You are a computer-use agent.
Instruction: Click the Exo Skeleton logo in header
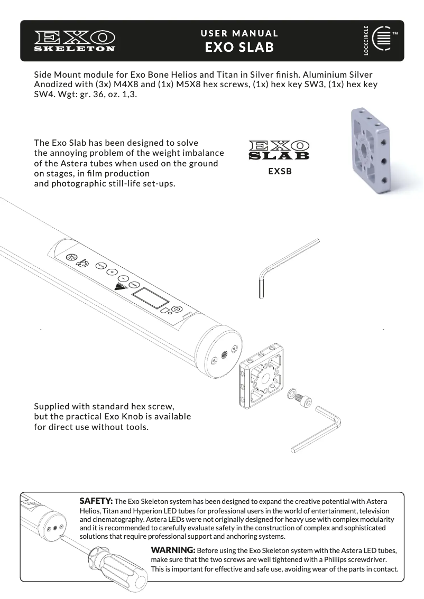(x=75, y=41)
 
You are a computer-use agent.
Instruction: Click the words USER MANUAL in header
(x=239, y=33)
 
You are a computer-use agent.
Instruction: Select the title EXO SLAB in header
(x=239, y=48)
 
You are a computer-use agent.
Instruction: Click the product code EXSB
(x=280, y=172)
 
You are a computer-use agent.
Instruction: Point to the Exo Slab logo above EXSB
(x=279, y=150)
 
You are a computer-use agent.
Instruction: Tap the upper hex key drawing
(x=285, y=267)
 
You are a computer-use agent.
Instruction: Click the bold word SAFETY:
(x=96, y=500)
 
